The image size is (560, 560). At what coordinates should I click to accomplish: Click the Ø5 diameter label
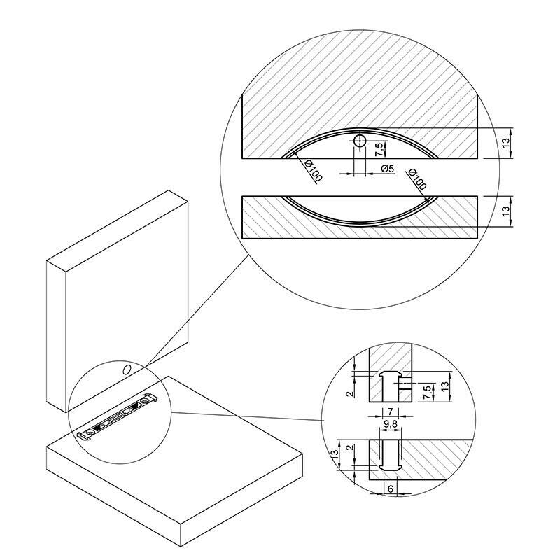(x=387, y=168)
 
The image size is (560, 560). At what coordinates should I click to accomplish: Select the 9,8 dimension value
(x=391, y=423)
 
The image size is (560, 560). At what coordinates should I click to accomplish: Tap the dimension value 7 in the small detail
(x=391, y=412)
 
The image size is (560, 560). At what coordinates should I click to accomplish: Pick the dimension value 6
(x=391, y=489)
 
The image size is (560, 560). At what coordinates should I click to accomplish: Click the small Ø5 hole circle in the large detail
(x=360, y=141)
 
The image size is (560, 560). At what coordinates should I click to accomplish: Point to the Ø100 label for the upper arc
(x=313, y=170)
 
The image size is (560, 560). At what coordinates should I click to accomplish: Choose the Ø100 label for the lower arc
(x=416, y=179)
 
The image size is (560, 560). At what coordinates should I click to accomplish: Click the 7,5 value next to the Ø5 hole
(x=380, y=149)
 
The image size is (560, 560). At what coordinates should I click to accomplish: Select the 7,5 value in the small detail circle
(x=427, y=393)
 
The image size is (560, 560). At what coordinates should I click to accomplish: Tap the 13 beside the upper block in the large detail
(x=505, y=142)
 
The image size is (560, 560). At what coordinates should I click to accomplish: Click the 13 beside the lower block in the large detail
(x=505, y=211)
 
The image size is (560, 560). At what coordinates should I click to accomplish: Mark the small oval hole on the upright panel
(x=127, y=370)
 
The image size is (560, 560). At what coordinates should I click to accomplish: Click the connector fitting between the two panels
(x=118, y=418)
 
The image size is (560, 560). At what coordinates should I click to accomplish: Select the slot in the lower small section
(x=390, y=456)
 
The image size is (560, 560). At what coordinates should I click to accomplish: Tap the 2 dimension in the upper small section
(x=351, y=393)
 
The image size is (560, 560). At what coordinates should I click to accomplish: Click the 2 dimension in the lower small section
(x=351, y=447)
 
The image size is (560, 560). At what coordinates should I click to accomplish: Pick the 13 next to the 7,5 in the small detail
(x=444, y=386)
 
